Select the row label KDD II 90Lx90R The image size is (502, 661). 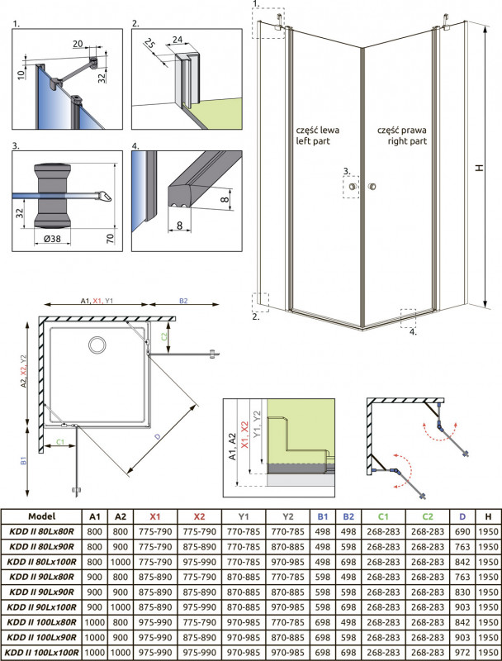pos(42,592)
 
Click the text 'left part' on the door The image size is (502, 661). pos(316,142)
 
